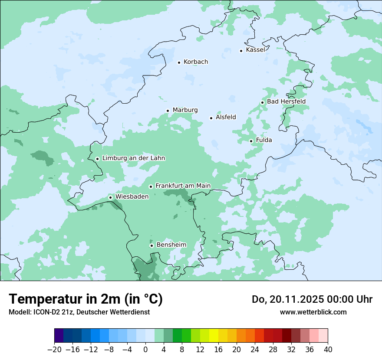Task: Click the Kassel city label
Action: [255, 50]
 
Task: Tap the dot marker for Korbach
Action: [179, 62]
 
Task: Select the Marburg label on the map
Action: [185, 110]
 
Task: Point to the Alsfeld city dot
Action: [211, 118]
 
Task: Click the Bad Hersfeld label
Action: [286, 101]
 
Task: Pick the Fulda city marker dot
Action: [251, 141]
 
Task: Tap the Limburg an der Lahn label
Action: [133, 158]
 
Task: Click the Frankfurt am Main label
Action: [183, 186]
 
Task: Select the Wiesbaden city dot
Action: [110, 198]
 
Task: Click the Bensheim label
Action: [171, 245]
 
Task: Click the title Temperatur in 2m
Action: [86, 299]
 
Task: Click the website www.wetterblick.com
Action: [313, 312]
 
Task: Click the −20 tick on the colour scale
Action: [54, 350]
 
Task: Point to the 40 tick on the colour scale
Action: [328, 350]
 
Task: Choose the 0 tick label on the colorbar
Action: [145, 350]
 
